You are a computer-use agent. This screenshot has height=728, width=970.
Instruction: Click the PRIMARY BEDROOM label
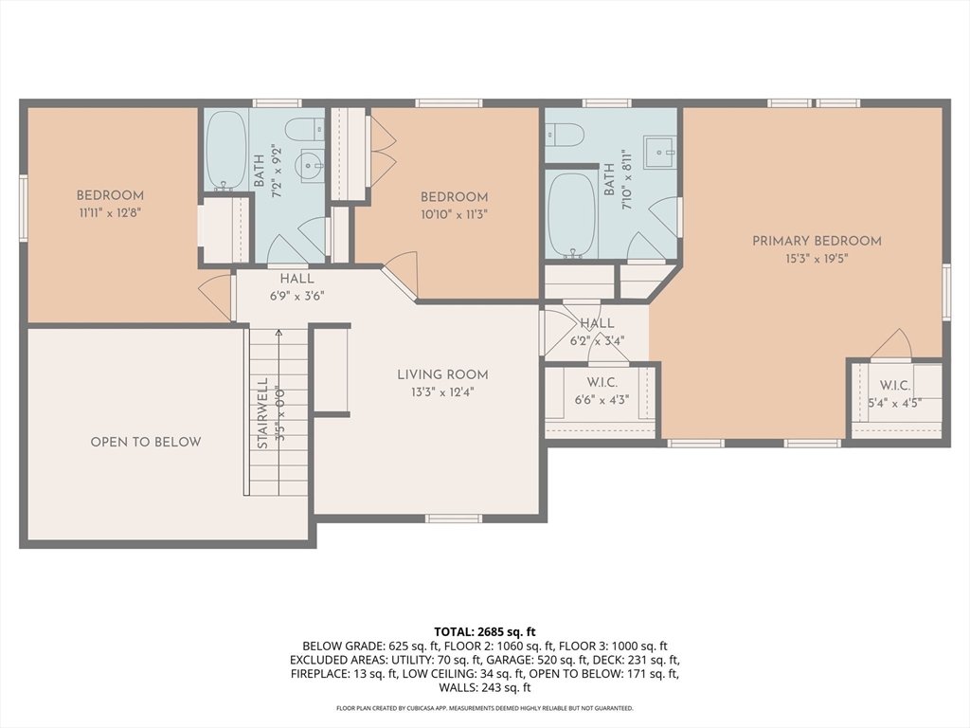click(x=817, y=241)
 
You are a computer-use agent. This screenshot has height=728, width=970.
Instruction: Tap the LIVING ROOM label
click(x=442, y=374)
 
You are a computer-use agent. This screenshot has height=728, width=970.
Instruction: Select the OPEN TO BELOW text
click(x=146, y=442)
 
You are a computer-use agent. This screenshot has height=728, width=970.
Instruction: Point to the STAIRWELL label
click(x=262, y=413)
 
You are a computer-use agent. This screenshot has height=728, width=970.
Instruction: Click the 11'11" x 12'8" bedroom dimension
click(x=110, y=213)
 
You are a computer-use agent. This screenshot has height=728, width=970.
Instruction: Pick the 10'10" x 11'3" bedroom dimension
click(x=454, y=215)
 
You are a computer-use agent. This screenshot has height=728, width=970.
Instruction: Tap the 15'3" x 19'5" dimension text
click(x=817, y=259)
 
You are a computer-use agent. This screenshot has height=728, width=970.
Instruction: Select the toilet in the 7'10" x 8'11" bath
click(x=565, y=135)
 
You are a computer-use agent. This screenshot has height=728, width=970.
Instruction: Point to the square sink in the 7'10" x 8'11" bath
click(x=659, y=153)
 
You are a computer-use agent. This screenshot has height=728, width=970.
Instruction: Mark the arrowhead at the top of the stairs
click(x=279, y=333)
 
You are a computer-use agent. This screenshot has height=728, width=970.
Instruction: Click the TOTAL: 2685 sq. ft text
click(x=485, y=632)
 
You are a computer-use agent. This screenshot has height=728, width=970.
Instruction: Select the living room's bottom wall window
click(x=454, y=519)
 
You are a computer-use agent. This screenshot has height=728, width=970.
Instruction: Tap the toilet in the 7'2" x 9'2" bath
click(x=304, y=129)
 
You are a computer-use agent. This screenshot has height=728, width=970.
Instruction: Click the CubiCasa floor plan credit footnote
click(x=485, y=708)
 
